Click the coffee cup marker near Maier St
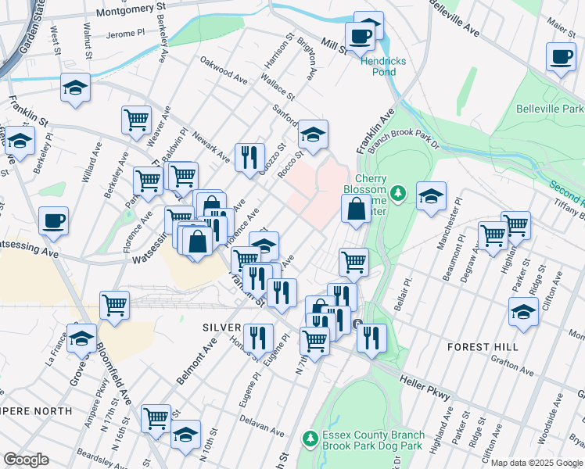point(562,58)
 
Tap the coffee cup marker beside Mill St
point(361,37)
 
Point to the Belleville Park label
point(550,109)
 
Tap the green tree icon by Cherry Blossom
point(398,192)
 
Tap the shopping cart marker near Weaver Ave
point(136,120)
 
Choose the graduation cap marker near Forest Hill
point(524,313)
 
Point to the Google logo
point(25,460)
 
